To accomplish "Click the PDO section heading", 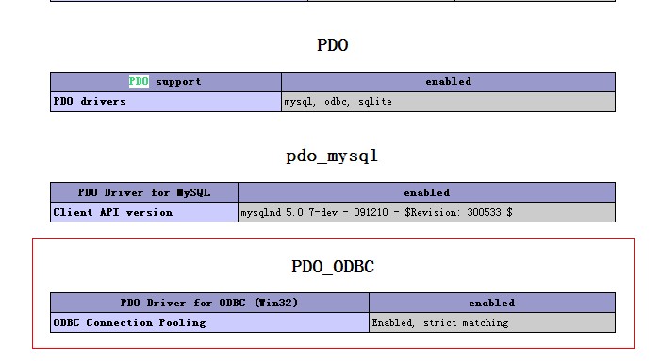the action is coord(333,45).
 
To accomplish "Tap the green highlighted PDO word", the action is coord(139,81).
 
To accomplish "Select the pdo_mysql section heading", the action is coord(332,156).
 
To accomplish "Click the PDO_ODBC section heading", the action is coord(333,267).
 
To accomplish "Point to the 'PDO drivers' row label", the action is coord(90,102).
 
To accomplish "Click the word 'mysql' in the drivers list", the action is coord(299,102).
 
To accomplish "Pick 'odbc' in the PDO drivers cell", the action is coord(337,102).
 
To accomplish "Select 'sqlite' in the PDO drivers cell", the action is coord(375,102).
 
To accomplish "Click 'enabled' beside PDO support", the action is coord(448,82).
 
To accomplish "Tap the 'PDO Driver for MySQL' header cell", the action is coord(144,192).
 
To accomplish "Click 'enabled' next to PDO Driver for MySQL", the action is coord(427,192).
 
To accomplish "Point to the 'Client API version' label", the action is coord(113,212).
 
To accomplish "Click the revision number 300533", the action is coord(484,212).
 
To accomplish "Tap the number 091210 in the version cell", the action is coord(371,212).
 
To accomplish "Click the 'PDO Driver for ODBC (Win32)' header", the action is coord(209,303).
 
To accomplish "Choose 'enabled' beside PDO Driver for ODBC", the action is coord(491,303).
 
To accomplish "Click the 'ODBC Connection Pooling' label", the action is coord(130,322).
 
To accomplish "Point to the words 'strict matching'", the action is coord(466,322).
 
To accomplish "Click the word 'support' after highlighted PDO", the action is coord(178,82).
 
